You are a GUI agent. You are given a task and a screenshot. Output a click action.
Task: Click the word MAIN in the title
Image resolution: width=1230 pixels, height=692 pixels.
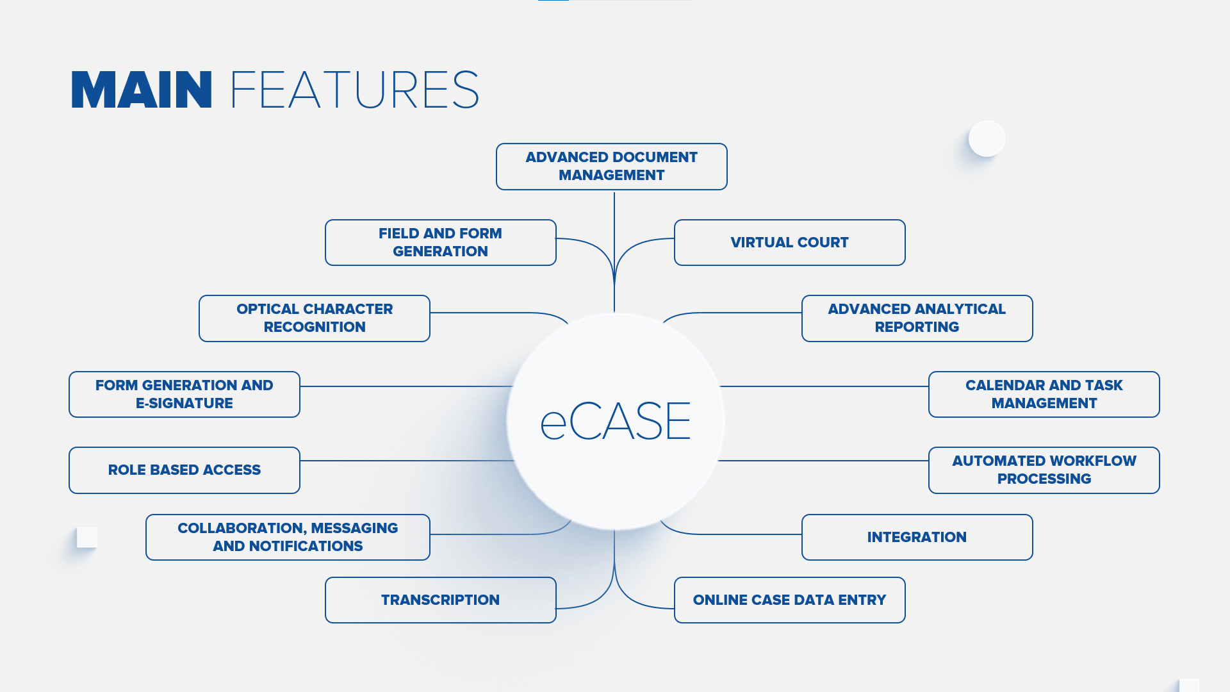click(x=141, y=90)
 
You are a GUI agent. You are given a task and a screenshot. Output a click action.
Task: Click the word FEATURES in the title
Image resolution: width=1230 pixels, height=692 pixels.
click(x=354, y=90)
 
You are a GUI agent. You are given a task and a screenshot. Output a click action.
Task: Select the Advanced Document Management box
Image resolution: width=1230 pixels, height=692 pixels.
click(x=611, y=167)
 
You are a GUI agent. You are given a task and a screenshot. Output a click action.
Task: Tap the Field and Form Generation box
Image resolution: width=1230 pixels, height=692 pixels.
click(x=440, y=242)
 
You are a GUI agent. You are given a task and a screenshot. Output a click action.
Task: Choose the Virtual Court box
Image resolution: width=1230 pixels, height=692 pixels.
click(x=789, y=242)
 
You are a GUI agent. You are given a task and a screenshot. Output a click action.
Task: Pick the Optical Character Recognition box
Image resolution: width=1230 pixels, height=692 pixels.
click(x=314, y=318)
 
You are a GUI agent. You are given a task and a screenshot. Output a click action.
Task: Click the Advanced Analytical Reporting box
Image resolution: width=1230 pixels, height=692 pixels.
click(x=917, y=318)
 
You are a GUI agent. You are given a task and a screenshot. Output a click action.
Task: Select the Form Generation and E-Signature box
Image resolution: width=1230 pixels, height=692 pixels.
click(x=184, y=394)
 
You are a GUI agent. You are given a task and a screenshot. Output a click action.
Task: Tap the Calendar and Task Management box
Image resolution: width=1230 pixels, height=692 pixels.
click(x=1044, y=394)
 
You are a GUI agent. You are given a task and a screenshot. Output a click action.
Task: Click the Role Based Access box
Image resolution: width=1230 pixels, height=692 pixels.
click(x=184, y=470)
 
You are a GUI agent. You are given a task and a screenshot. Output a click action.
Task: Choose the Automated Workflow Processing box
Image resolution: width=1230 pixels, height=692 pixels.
click(x=1044, y=470)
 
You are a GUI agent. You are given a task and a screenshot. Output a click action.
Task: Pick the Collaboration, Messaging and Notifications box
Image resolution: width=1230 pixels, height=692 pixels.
click(x=288, y=537)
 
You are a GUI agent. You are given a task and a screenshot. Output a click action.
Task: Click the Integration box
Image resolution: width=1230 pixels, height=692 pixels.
click(x=917, y=537)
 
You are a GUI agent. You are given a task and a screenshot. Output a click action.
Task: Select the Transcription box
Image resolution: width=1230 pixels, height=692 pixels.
click(x=440, y=600)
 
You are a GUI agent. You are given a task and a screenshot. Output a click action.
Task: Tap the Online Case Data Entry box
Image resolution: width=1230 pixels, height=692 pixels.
click(x=789, y=600)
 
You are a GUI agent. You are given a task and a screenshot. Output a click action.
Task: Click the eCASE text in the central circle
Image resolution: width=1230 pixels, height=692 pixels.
click(x=615, y=422)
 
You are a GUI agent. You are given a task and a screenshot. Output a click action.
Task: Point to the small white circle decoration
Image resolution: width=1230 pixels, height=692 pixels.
click(x=987, y=138)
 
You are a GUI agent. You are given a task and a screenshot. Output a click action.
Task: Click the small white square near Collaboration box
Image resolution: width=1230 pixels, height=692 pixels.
click(x=86, y=537)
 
